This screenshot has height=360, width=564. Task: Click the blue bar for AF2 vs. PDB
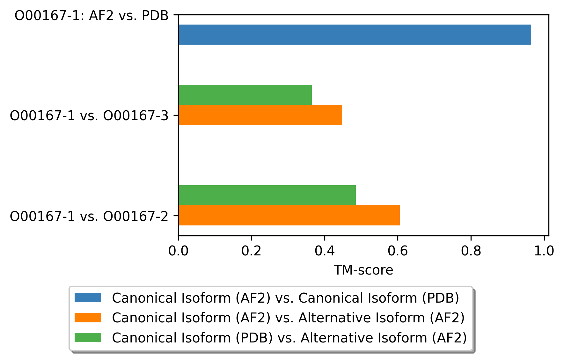pyautogui.click(x=355, y=34)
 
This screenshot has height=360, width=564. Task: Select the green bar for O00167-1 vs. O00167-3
pyautogui.click(x=245, y=95)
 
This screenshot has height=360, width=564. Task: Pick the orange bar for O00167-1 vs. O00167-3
pyautogui.click(x=260, y=115)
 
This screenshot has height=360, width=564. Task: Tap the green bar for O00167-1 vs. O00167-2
pyautogui.click(x=267, y=195)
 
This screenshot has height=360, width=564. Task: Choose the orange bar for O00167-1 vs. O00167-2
pyautogui.click(x=289, y=215)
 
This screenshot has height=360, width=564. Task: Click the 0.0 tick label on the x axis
pyautogui.click(x=178, y=251)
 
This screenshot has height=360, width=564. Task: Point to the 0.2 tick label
pyautogui.click(x=251, y=251)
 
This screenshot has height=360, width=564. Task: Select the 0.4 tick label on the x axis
pyautogui.click(x=325, y=251)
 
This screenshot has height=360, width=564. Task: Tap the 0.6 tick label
pyautogui.click(x=398, y=251)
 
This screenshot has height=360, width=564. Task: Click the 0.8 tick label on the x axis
pyautogui.click(x=471, y=251)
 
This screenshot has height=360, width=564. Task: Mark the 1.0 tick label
pyautogui.click(x=544, y=251)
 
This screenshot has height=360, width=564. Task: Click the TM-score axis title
pyautogui.click(x=363, y=270)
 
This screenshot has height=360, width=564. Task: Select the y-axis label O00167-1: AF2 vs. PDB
pyautogui.click(x=92, y=15)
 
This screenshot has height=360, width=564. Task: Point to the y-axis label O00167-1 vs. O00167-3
pyautogui.click(x=89, y=115)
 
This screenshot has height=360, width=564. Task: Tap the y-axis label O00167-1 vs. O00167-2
pyautogui.click(x=89, y=216)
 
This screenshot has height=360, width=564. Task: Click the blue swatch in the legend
pyautogui.click(x=88, y=298)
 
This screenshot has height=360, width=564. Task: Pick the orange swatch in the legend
pyautogui.click(x=88, y=318)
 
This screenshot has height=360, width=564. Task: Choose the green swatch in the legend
pyautogui.click(x=88, y=337)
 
